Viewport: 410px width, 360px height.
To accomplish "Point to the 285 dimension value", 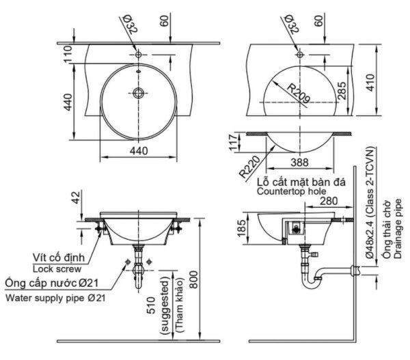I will (343, 89).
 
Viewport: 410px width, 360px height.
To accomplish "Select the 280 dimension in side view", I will (329, 201).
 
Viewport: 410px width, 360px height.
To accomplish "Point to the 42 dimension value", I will (76, 198).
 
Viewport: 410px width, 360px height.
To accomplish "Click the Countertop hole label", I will (291, 192).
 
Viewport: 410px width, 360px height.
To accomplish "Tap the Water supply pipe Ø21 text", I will (54, 298).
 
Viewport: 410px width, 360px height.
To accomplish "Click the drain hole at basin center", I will (139, 92).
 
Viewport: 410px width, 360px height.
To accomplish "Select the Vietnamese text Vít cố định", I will (59, 258).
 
